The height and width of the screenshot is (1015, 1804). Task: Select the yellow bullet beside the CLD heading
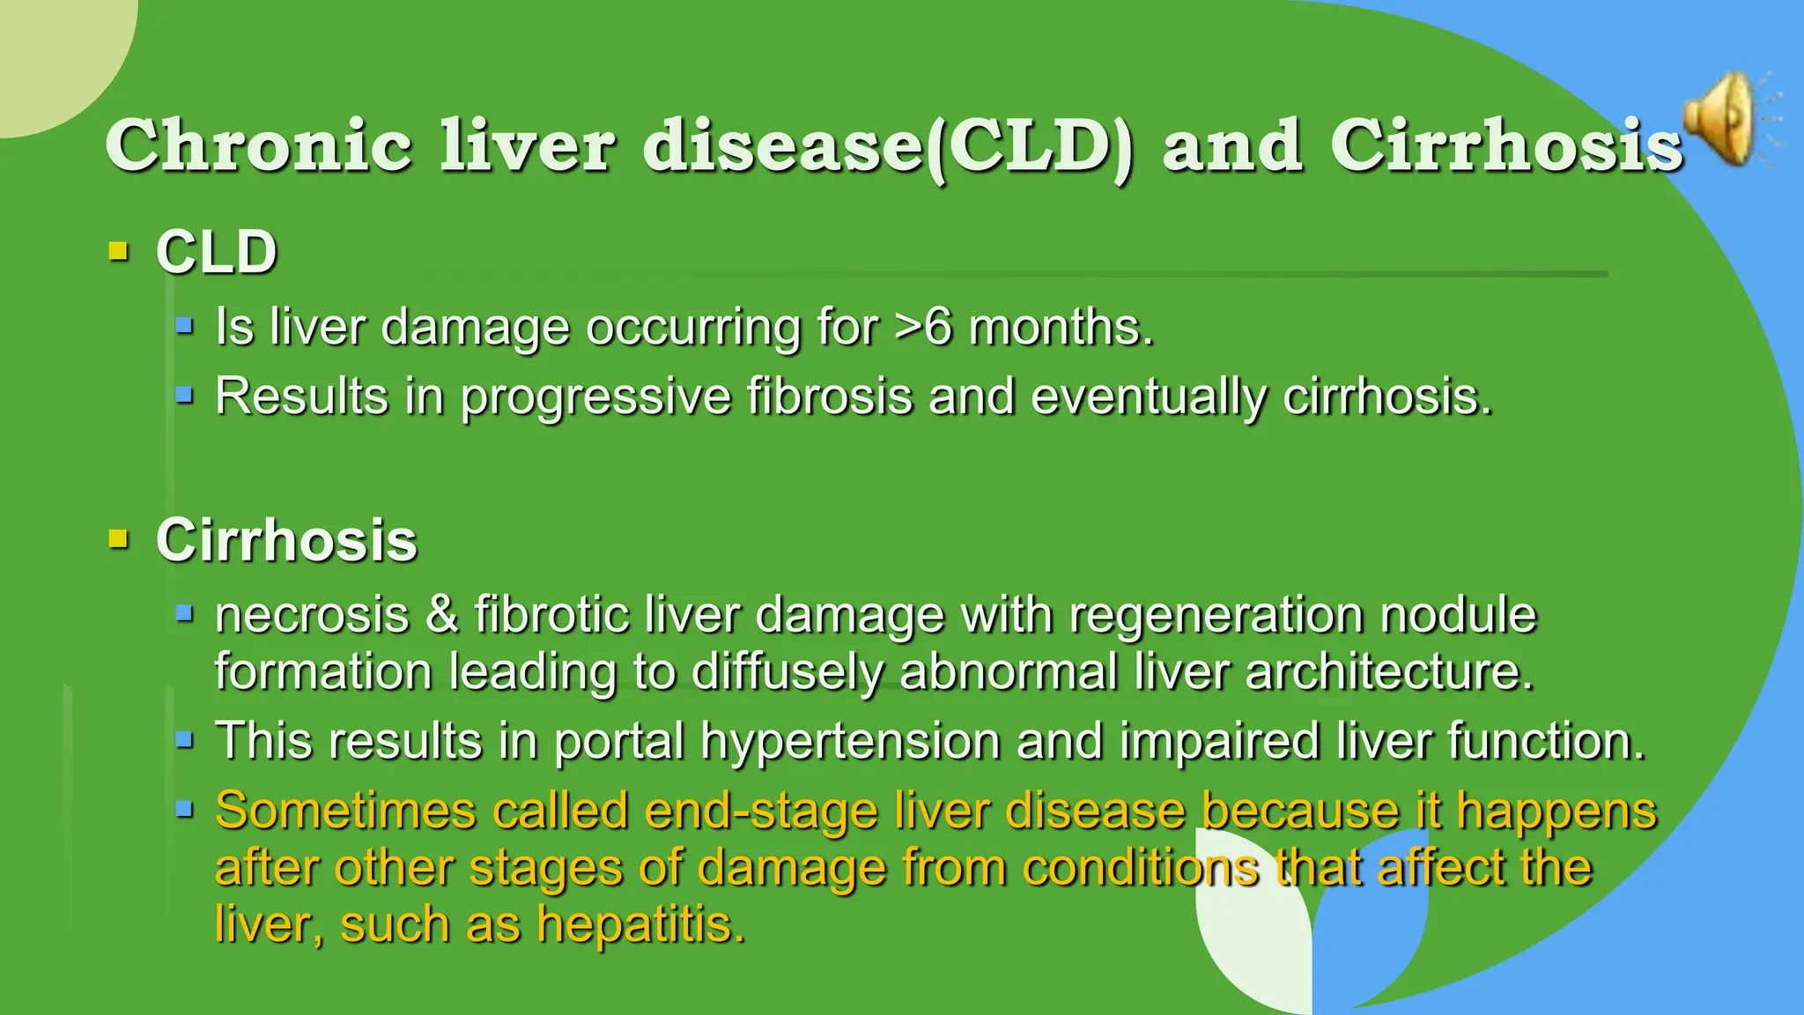pyautogui.click(x=118, y=252)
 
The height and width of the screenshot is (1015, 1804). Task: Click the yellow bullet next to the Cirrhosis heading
pyautogui.click(x=118, y=538)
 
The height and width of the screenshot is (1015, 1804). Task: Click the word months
pyautogui.click(x=1061, y=327)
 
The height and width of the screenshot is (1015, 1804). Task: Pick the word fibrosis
pyautogui.click(x=830, y=396)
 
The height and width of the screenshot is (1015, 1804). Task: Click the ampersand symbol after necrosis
pyautogui.click(x=442, y=614)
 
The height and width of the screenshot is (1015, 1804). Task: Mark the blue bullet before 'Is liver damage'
pyautogui.click(x=184, y=326)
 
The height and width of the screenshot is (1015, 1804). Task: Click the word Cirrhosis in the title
pyautogui.click(x=1506, y=145)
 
